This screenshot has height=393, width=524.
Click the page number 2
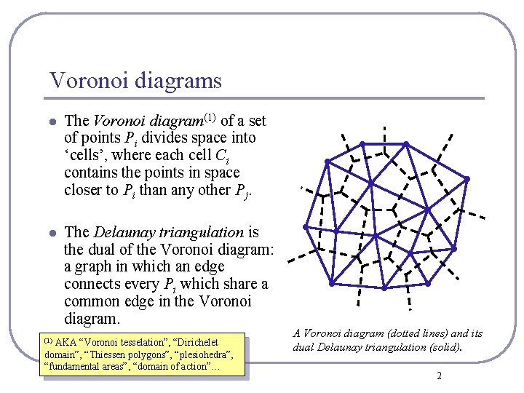point(439,376)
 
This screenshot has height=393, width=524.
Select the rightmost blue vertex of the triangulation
point(468,179)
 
